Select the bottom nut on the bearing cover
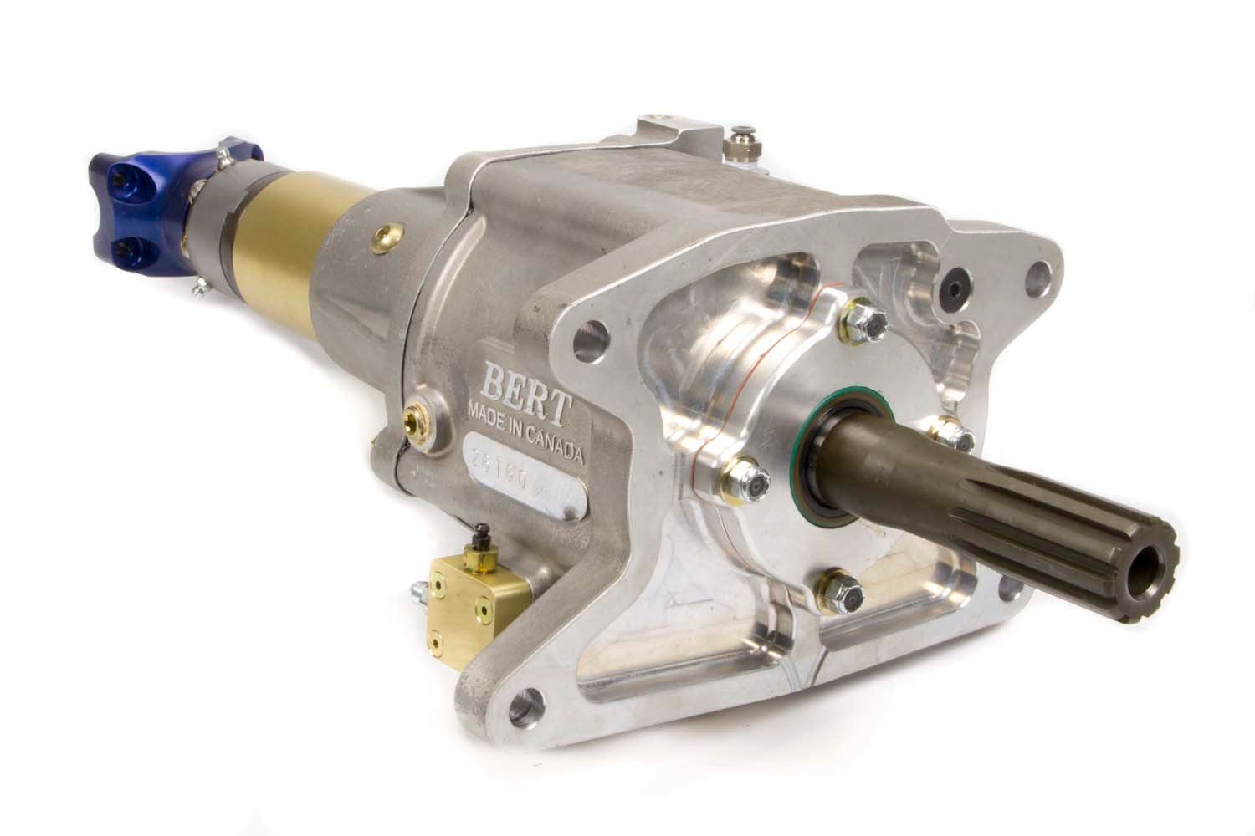click(838, 592)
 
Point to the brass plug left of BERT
click(416, 415)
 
